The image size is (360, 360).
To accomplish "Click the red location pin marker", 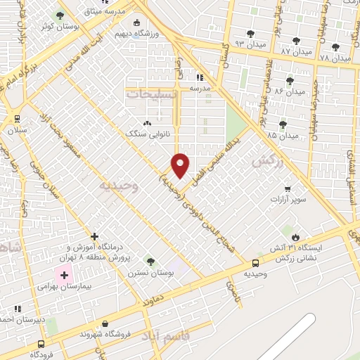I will pyautogui.click(x=181, y=165).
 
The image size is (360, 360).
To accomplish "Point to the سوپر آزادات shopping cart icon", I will pyautogui.click(x=288, y=188).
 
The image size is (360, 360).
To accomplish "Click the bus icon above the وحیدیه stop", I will pyautogui.click(x=255, y=264).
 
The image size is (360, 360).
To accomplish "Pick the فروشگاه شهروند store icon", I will pyautogui.click(x=105, y=323).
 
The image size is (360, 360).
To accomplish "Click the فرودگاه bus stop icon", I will pyautogui.click(x=41, y=344).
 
